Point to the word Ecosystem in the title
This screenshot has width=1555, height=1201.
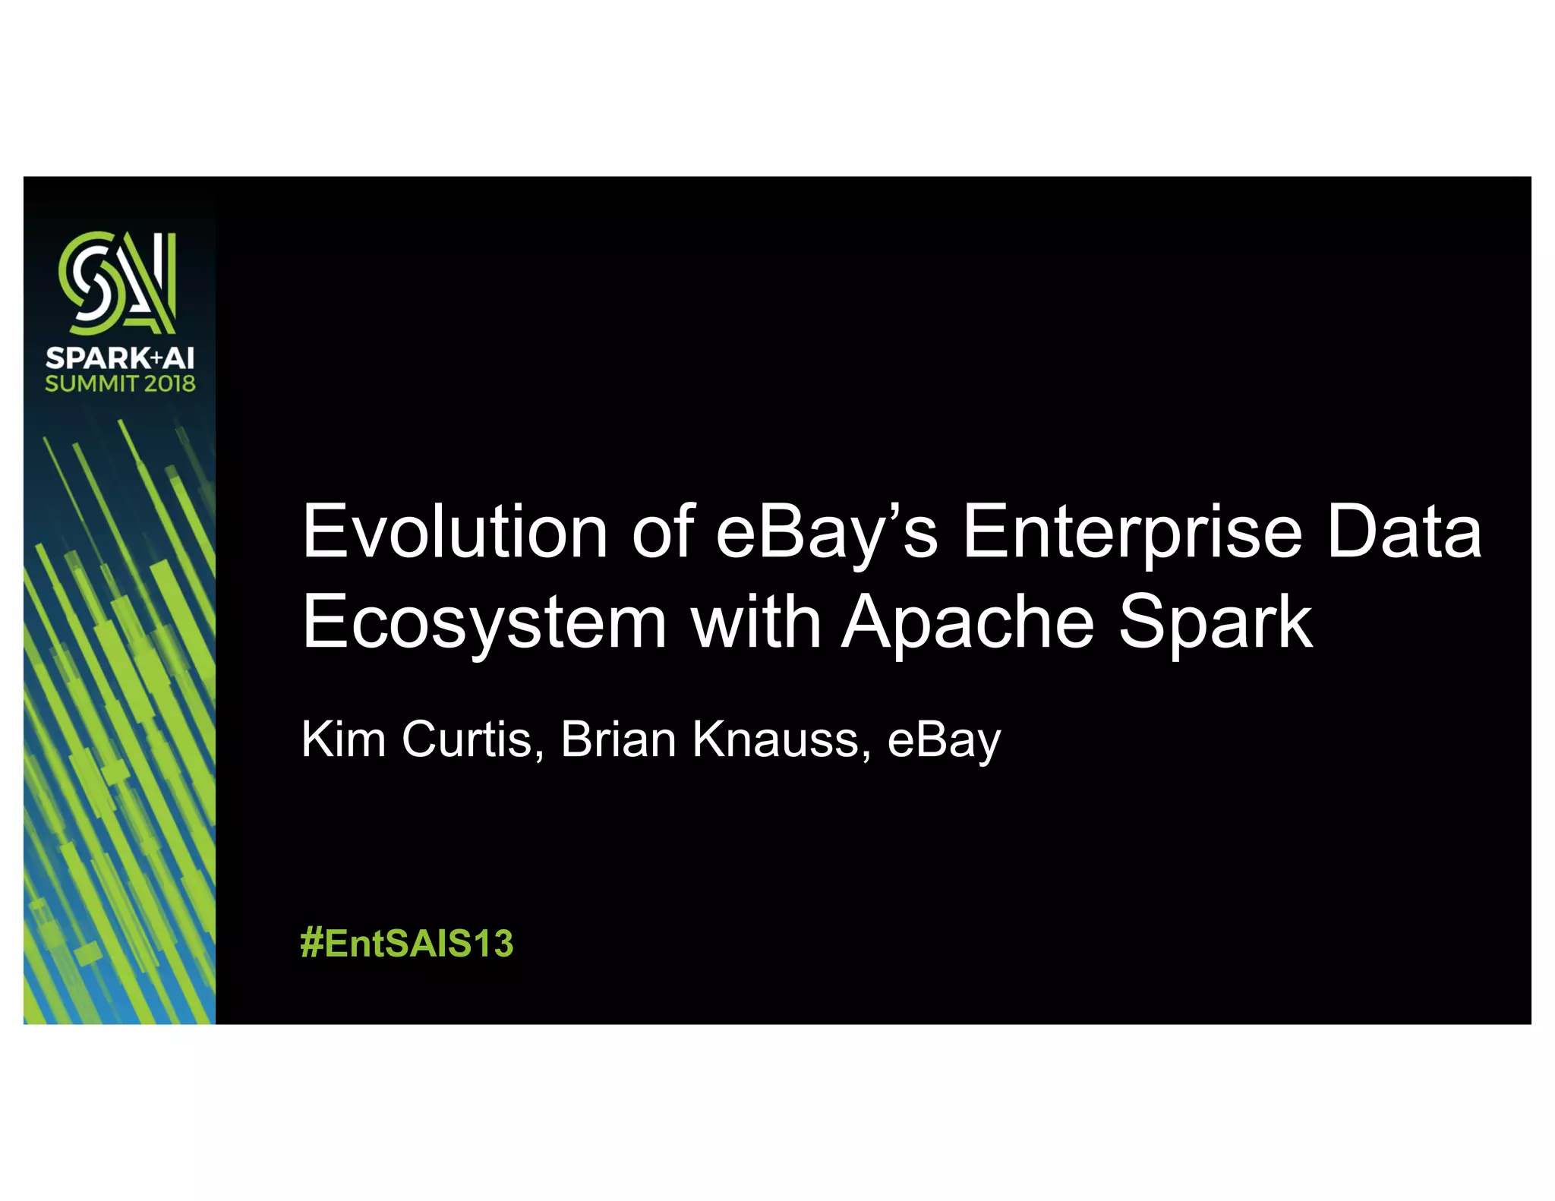[484, 623]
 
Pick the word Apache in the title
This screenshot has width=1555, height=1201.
[968, 623]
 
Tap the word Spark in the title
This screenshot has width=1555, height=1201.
[1216, 623]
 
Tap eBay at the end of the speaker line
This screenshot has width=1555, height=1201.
[944, 740]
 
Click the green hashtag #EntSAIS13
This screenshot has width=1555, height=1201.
[407, 944]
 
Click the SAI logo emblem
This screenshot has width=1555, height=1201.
[118, 282]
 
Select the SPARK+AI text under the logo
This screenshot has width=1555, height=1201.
[119, 358]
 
